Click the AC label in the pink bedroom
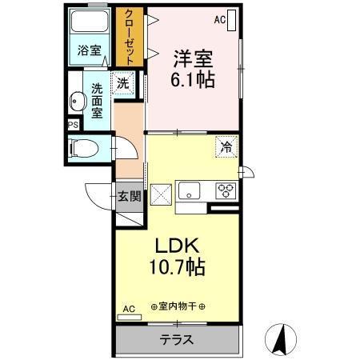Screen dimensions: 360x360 pos(220,18)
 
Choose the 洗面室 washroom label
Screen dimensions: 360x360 pos(98,102)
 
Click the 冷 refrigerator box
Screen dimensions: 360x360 pos(226,146)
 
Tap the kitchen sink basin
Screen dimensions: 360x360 pos(190,190)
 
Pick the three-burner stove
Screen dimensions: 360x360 pos(226,190)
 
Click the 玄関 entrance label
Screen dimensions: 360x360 pos(129,194)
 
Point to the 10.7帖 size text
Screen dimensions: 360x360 pos(177,267)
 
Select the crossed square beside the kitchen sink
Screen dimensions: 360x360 pos(162,192)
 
